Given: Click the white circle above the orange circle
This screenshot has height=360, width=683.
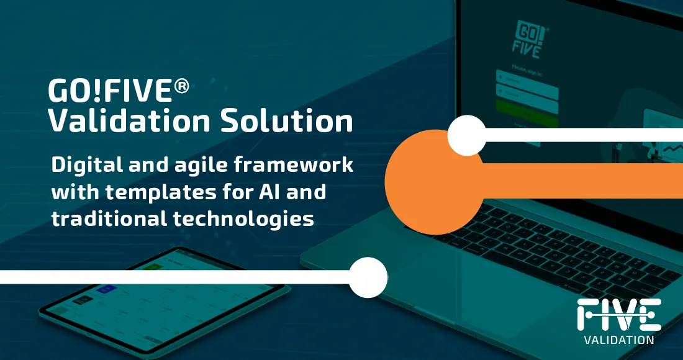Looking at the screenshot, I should pos(467,135).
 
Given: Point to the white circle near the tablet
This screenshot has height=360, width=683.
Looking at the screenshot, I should pos(368,276).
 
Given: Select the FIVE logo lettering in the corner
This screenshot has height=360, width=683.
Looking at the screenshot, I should pos(618,315).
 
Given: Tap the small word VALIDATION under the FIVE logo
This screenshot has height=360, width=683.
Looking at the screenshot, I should pos(618,340).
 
